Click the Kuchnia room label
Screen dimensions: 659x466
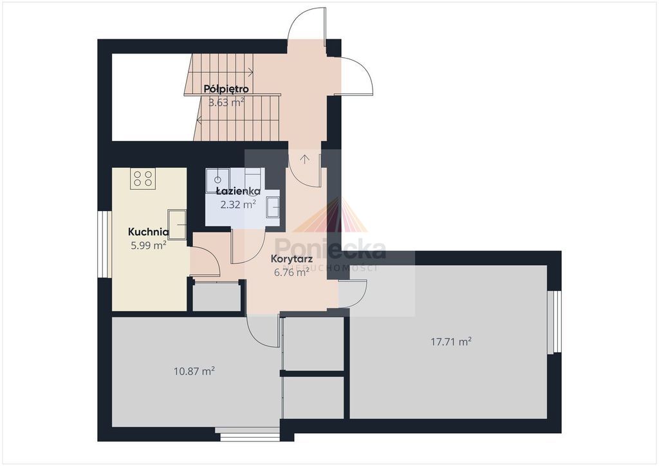tap(149, 232)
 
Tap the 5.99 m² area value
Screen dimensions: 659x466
tap(149, 245)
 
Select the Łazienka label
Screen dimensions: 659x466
tap(238, 191)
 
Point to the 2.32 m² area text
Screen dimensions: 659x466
tap(238, 205)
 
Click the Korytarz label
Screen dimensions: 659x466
tap(292, 259)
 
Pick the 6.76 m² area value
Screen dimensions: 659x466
tap(292, 272)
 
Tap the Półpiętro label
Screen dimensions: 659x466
tap(226, 89)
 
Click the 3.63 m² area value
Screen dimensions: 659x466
tap(227, 102)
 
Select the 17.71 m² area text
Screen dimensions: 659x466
tap(451, 341)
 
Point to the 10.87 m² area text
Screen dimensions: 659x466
tap(194, 371)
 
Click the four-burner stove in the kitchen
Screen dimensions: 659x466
tap(143, 178)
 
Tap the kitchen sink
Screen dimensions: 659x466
tap(177, 225)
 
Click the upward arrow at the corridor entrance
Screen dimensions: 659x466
tap(304, 159)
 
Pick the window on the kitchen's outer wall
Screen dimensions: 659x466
tap(104, 244)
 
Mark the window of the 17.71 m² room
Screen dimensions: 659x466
tap(554, 321)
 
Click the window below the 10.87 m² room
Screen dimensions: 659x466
tap(250, 434)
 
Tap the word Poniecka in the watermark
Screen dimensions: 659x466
tap(330, 249)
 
